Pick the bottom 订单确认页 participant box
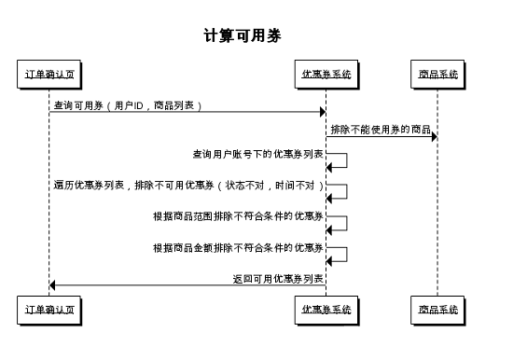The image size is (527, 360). click(x=49, y=309)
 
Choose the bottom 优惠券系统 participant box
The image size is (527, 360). click(x=326, y=309)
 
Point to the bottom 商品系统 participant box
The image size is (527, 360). click(x=437, y=309)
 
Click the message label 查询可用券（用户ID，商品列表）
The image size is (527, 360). click(x=128, y=105)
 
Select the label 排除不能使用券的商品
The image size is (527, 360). click(x=381, y=128)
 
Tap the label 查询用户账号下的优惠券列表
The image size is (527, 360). click(x=258, y=152)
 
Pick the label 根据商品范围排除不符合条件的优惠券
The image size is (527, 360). click(x=239, y=216)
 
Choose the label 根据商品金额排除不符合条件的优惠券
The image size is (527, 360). click(x=239, y=248)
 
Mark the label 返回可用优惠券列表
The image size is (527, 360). click(x=278, y=278)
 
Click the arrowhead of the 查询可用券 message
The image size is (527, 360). click(x=321, y=113)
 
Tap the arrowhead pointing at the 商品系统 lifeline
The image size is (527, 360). click(x=433, y=137)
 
